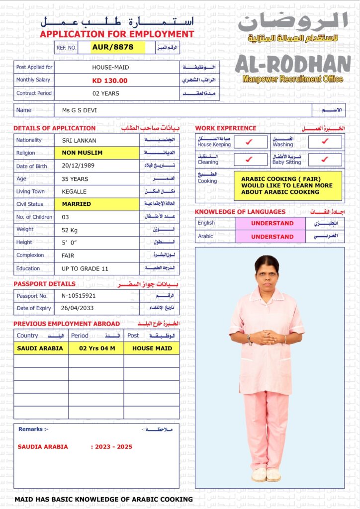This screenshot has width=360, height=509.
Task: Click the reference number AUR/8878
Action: point(113,47)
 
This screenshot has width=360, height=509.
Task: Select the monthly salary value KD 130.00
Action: point(110,81)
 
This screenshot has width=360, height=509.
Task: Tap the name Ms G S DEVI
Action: point(80,110)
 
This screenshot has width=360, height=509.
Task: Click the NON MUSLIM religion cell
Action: point(83,153)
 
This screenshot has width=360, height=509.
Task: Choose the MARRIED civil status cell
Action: point(77,204)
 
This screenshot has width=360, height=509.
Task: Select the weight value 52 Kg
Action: point(73,230)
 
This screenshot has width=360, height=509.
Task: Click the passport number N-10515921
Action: point(79,296)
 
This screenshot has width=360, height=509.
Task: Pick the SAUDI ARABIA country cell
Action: point(40,348)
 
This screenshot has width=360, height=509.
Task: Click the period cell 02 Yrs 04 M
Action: point(97,348)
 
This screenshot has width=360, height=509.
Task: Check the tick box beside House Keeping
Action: point(249,142)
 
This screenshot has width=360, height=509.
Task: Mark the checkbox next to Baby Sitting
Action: point(325,160)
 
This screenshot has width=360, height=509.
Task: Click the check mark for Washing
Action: point(325,142)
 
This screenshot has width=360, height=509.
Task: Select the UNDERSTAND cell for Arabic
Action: point(272,237)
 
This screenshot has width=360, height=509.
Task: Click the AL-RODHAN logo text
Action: point(292,64)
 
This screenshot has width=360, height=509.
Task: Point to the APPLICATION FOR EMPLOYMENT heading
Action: point(117,34)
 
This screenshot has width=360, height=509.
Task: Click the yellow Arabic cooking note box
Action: point(288,185)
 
